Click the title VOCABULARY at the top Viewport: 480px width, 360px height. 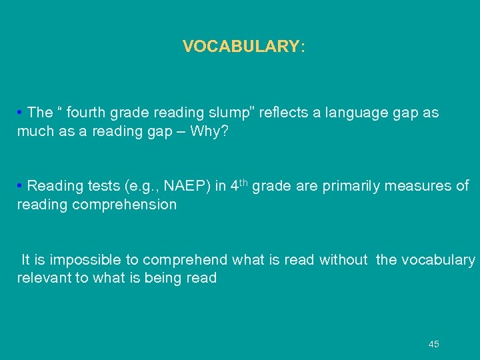pos(243,47)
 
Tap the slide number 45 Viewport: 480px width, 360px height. pos(434,344)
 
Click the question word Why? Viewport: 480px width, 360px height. pos(209,131)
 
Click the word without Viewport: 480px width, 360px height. pos(343,259)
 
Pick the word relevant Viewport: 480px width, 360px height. pos(43,278)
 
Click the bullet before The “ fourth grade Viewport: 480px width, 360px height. pos(21,113)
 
